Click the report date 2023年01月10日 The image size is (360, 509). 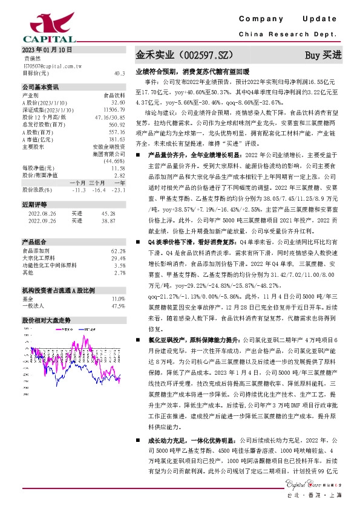pyautogui.click(x=47, y=49)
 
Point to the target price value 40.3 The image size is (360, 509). pyautogui.click(x=119, y=73)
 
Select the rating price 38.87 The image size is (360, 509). pyautogui.click(x=108, y=221)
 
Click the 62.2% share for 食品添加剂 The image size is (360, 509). pyautogui.click(x=119, y=250)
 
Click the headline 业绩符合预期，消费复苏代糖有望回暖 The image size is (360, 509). pyautogui.click(x=194, y=71)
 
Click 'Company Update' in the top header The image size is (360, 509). pyautogui.click(x=290, y=21)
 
